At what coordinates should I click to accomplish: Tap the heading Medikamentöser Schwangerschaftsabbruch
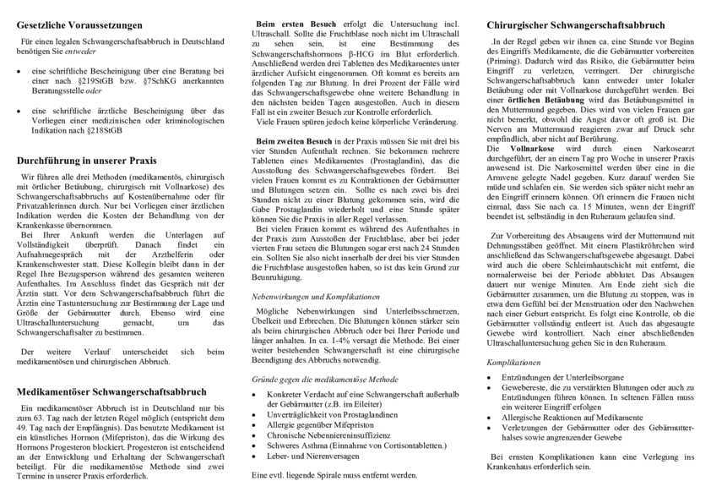(111, 391)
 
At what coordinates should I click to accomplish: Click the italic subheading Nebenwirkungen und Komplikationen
(316, 297)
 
